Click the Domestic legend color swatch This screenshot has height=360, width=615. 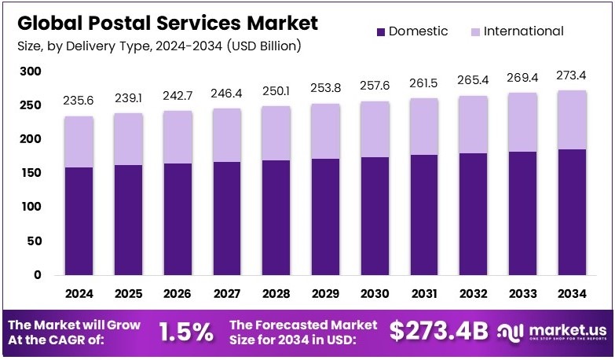(382, 32)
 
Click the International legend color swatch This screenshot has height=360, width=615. (476, 32)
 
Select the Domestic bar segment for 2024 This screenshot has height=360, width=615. (79, 221)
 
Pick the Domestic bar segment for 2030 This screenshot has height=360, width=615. (374, 216)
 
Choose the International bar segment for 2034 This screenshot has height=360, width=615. (570, 119)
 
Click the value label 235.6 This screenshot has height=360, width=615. (79, 101)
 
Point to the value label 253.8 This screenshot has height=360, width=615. (325, 87)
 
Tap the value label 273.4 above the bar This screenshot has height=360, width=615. (570, 75)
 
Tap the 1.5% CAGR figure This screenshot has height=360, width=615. (186, 331)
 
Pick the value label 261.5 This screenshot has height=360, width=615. (423, 83)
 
